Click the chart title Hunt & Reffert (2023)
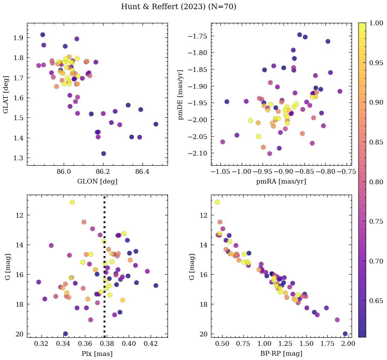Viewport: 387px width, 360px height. click(179, 7)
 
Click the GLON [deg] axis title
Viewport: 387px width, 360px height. click(97, 182)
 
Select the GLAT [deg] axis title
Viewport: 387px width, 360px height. click(6, 94)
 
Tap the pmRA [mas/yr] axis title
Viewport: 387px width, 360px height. click(281, 182)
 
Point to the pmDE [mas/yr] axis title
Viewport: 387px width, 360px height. click(181, 94)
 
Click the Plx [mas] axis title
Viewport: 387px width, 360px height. click(97, 354)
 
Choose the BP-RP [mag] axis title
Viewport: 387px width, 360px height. click(281, 354)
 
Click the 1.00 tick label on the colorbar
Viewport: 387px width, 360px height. click(376, 23)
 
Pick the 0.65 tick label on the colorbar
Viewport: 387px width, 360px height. click(376, 301)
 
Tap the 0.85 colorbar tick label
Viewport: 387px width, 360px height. click(376, 142)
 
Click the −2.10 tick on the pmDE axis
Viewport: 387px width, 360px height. click(199, 153)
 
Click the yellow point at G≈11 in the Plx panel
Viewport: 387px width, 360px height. click(72, 202)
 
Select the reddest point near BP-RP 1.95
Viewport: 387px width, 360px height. click(345, 334)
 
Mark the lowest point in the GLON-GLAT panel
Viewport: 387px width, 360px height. click(103, 154)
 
